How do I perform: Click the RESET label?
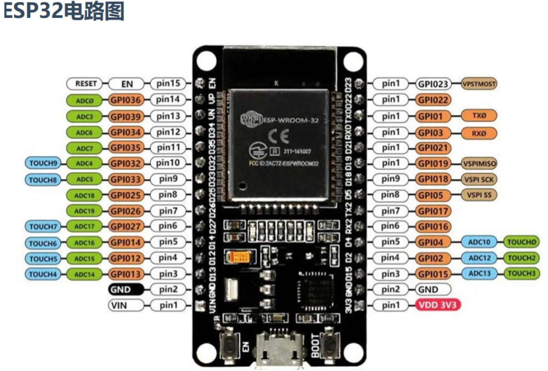85,83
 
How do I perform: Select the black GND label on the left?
125,290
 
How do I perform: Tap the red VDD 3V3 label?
437,305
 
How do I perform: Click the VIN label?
125,306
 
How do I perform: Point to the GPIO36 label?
125,100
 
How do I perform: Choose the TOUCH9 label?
43,163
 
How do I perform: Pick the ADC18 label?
84,195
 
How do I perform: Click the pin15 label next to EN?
168,83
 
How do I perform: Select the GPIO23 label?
433,83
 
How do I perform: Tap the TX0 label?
479,116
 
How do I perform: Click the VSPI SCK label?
480,179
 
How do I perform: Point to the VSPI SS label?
480,194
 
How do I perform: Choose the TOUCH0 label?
522,242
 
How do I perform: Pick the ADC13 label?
480,274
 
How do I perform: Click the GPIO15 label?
433,274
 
